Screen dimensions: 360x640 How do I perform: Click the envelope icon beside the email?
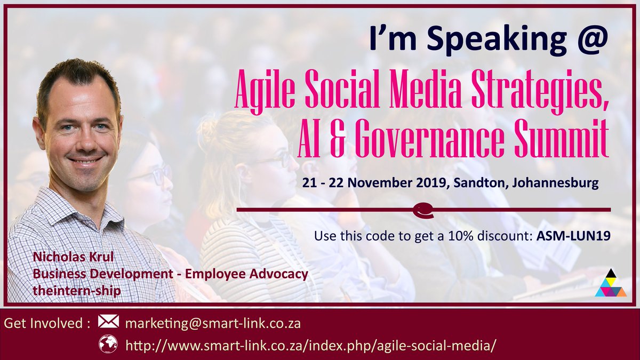[x=108, y=322]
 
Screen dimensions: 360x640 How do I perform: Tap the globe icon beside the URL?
[x=108, y=344]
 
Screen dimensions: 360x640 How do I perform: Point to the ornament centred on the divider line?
[x=423, y=210]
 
